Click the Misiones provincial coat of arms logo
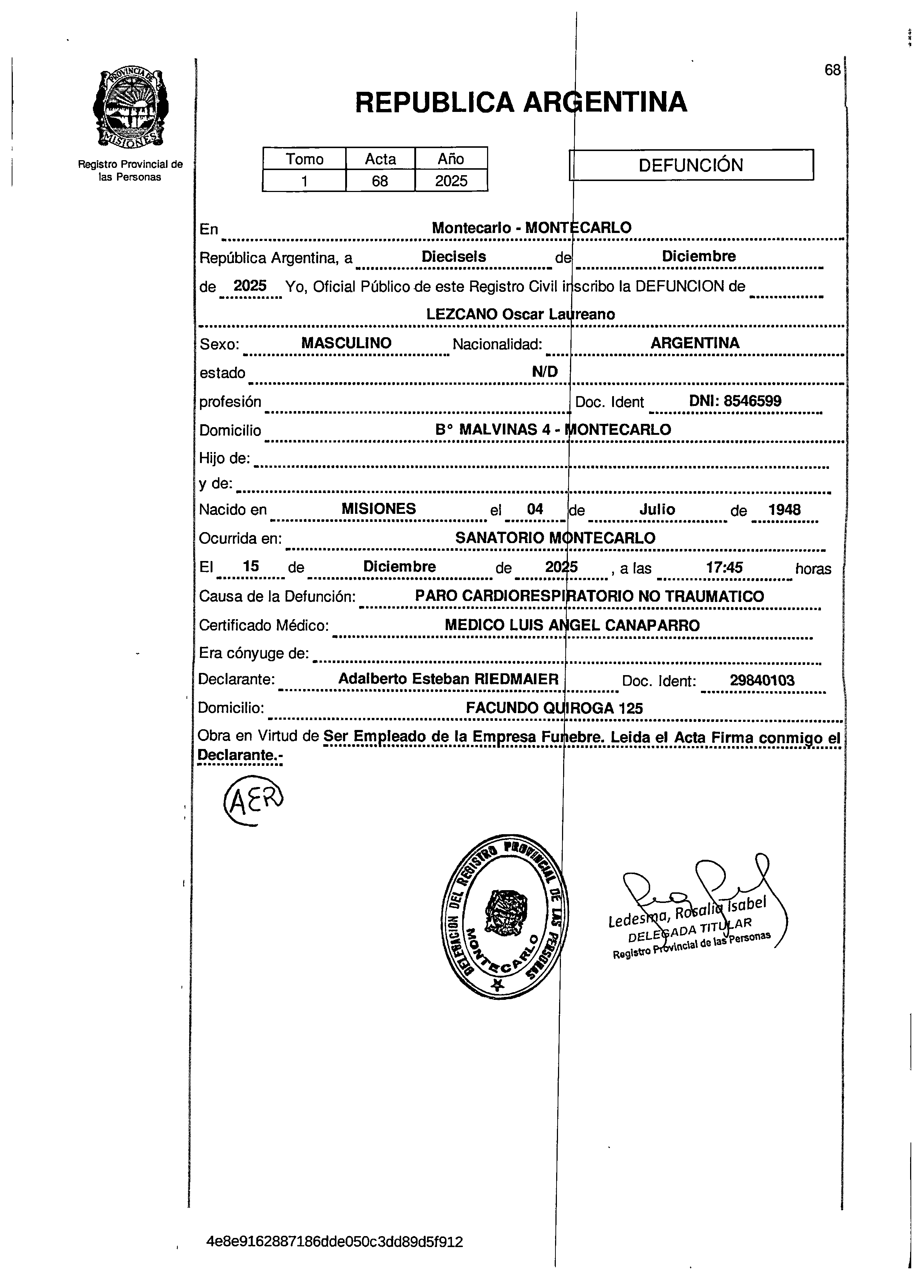tap(131, 108)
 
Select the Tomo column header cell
tap(304, 159)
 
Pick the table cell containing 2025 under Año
tap(451, 181)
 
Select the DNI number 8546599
tap(753, 401)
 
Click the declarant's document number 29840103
tap(762, 681)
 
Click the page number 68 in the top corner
tap(832, 70)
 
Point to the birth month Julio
tap(657, 510)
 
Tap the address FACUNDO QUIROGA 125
tap(554, 708)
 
